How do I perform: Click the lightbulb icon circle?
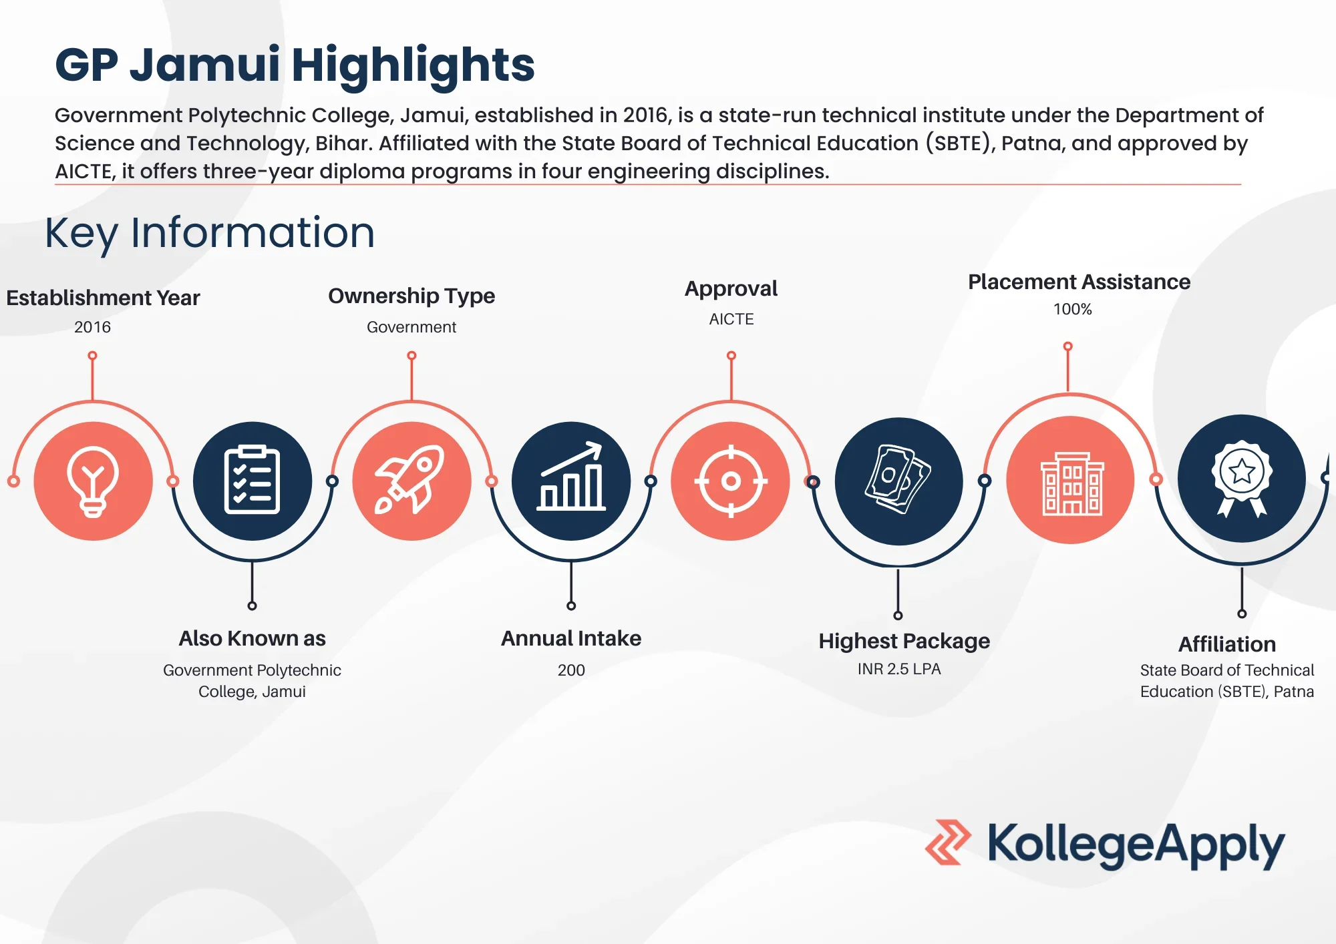(93, 481)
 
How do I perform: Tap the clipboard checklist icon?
(252, 481)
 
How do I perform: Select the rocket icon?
(411, 481)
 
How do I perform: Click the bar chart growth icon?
(571, 481)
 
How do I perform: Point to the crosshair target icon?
(731, 481)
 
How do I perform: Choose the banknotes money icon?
(898, 481)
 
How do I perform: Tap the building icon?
(1070, 481)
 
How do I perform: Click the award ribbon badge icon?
(1241, 478)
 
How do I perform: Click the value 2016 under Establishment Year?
(92, 327)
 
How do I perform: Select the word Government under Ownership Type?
(411, 327)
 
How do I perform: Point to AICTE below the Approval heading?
(731, 319)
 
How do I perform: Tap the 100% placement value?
(1072, 309)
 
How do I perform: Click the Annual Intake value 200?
(571, 670)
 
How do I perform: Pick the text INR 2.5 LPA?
(899, 669)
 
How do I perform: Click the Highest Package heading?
(904, 641)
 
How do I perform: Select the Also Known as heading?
(252, 638)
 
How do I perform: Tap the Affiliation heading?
(1227, 644)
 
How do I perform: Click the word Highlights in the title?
(413, 65)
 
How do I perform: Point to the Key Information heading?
(210, 233)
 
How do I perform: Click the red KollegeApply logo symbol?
(948, 843)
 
